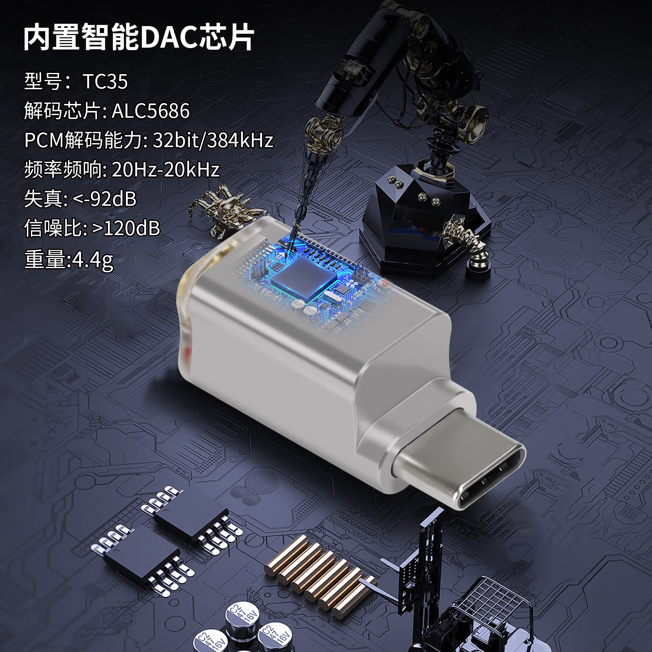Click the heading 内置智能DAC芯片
pyautogui.click(x=139, y=37)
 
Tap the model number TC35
pyautogui.click(x=105, y=81)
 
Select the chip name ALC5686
pyautogui.click(x=151, y=111)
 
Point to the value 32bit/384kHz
pyautogui.click(x=213, y=140)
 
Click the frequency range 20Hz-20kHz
pyautogui.click(x=165, y=170)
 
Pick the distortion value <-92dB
pyautogui.click(x=104, y=199)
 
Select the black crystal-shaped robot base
pyautogui.click(x=424, y=220)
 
